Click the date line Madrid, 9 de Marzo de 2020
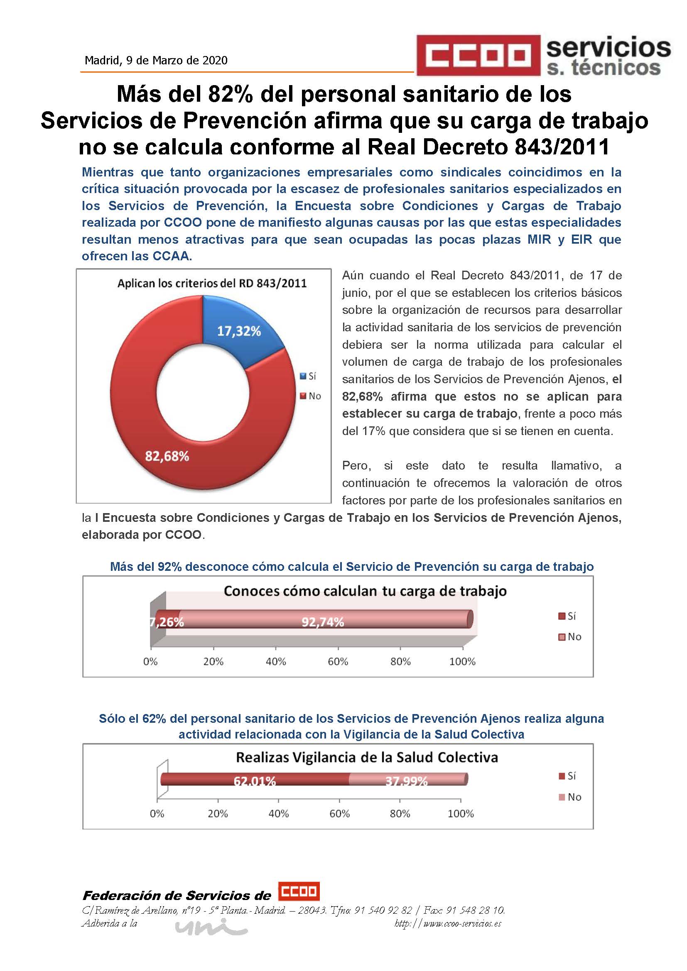tap(156, 61)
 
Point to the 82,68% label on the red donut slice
tap(167, 456)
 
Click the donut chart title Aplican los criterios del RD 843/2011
tap(212, 284)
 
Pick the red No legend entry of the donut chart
tap(311, 396)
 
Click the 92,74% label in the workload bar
tap(322, 622)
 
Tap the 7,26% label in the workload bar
tap(167, 622)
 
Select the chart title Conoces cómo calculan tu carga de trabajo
tap(365, 591)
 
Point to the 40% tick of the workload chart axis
tap(276, 661)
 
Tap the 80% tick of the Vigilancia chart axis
tap(400, 813)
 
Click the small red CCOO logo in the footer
tap(299, 891)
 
